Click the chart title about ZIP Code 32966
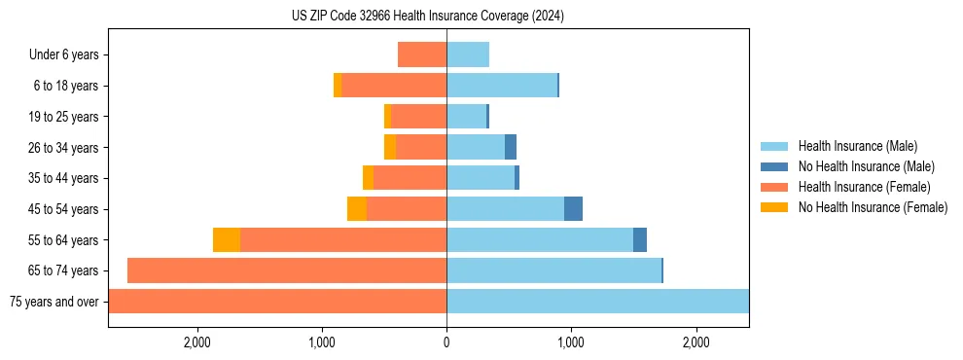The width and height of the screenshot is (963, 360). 427,17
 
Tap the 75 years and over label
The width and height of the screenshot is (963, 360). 54,302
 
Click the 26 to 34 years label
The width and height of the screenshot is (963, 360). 64,148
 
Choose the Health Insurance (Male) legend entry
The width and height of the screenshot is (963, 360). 856,146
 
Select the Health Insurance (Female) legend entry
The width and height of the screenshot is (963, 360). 864,187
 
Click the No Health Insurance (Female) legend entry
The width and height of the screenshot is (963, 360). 873,207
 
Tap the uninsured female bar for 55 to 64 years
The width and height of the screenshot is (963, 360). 227,240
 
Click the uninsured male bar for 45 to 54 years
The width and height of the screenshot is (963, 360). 573,209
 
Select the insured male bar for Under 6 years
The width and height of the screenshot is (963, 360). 468,55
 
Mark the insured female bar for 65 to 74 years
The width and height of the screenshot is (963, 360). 287,270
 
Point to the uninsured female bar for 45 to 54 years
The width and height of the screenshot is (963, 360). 357,209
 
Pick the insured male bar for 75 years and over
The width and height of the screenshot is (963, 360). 597,302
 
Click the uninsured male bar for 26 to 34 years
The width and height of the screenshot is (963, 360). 511,148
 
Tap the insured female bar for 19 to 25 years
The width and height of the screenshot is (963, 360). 418,117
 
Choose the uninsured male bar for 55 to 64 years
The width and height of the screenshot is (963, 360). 640,240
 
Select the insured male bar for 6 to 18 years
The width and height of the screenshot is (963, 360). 502,86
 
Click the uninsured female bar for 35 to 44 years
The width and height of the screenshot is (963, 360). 368,178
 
